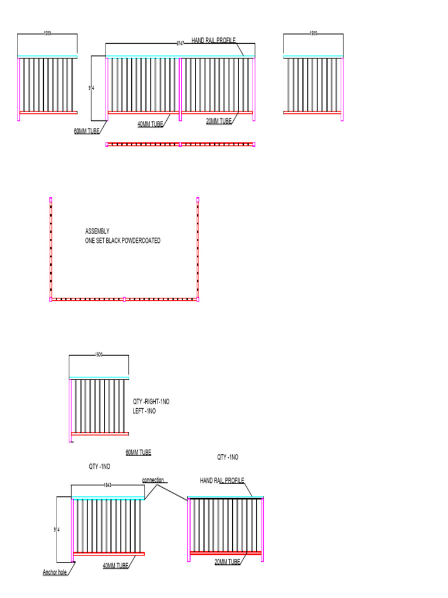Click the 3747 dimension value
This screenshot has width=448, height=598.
pos(180,43)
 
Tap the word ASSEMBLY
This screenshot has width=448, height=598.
pos(97,231)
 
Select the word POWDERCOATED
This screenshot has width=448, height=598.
pos(141,241)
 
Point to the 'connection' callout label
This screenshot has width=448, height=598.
pos(153,481)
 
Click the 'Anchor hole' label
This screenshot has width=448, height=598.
pos(55,572)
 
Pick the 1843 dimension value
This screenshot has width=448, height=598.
pos(108,485)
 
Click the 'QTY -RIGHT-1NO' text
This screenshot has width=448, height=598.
pos(151,402)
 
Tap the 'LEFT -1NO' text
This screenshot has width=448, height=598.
pos(145,411)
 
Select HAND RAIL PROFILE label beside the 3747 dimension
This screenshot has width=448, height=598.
pos(213,40)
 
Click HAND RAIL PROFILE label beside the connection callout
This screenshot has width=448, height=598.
pos(222,481)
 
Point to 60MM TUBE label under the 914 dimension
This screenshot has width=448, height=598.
pos(88,131)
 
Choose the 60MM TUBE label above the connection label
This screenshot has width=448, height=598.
pos(138,453)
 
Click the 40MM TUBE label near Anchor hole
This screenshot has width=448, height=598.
pos(116,565)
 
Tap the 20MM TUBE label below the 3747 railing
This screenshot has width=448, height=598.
pos(219,121)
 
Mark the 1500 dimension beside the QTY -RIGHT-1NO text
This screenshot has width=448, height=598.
pos(99,354)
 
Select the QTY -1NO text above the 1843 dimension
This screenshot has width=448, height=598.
pos(99,467)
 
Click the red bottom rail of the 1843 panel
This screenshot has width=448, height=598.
pos(108,554)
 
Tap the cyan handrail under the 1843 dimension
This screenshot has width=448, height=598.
pos(108,498)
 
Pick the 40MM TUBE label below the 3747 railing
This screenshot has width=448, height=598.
pos(150,124)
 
